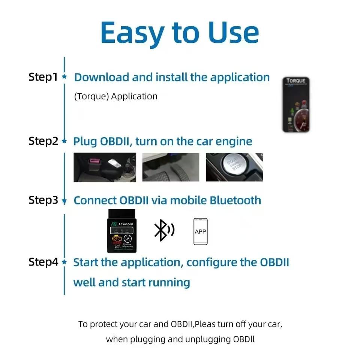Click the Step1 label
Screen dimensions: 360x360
pyautogui.click(x=43, y=77)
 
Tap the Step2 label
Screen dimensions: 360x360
pyautogui.click(x=43, y=141)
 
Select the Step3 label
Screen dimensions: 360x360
pyautogui.click(x=43, y=200)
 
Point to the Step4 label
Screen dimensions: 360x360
pyautogui.click(x=43, y=262)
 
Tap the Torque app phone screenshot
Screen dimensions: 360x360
pyautogui.click(x=296, y=104)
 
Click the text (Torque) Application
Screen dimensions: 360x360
pyautogui.click(x=116, y=96)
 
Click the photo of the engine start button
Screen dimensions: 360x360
pyautogui.click(x=234, y=167)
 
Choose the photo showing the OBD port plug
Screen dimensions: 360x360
pyautogui.click(x=105, y=167)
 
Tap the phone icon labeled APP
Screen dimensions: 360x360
pyautogui.click(x=200, y=231)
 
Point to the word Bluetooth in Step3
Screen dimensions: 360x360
pyautogui.click(x=235, y=200)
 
